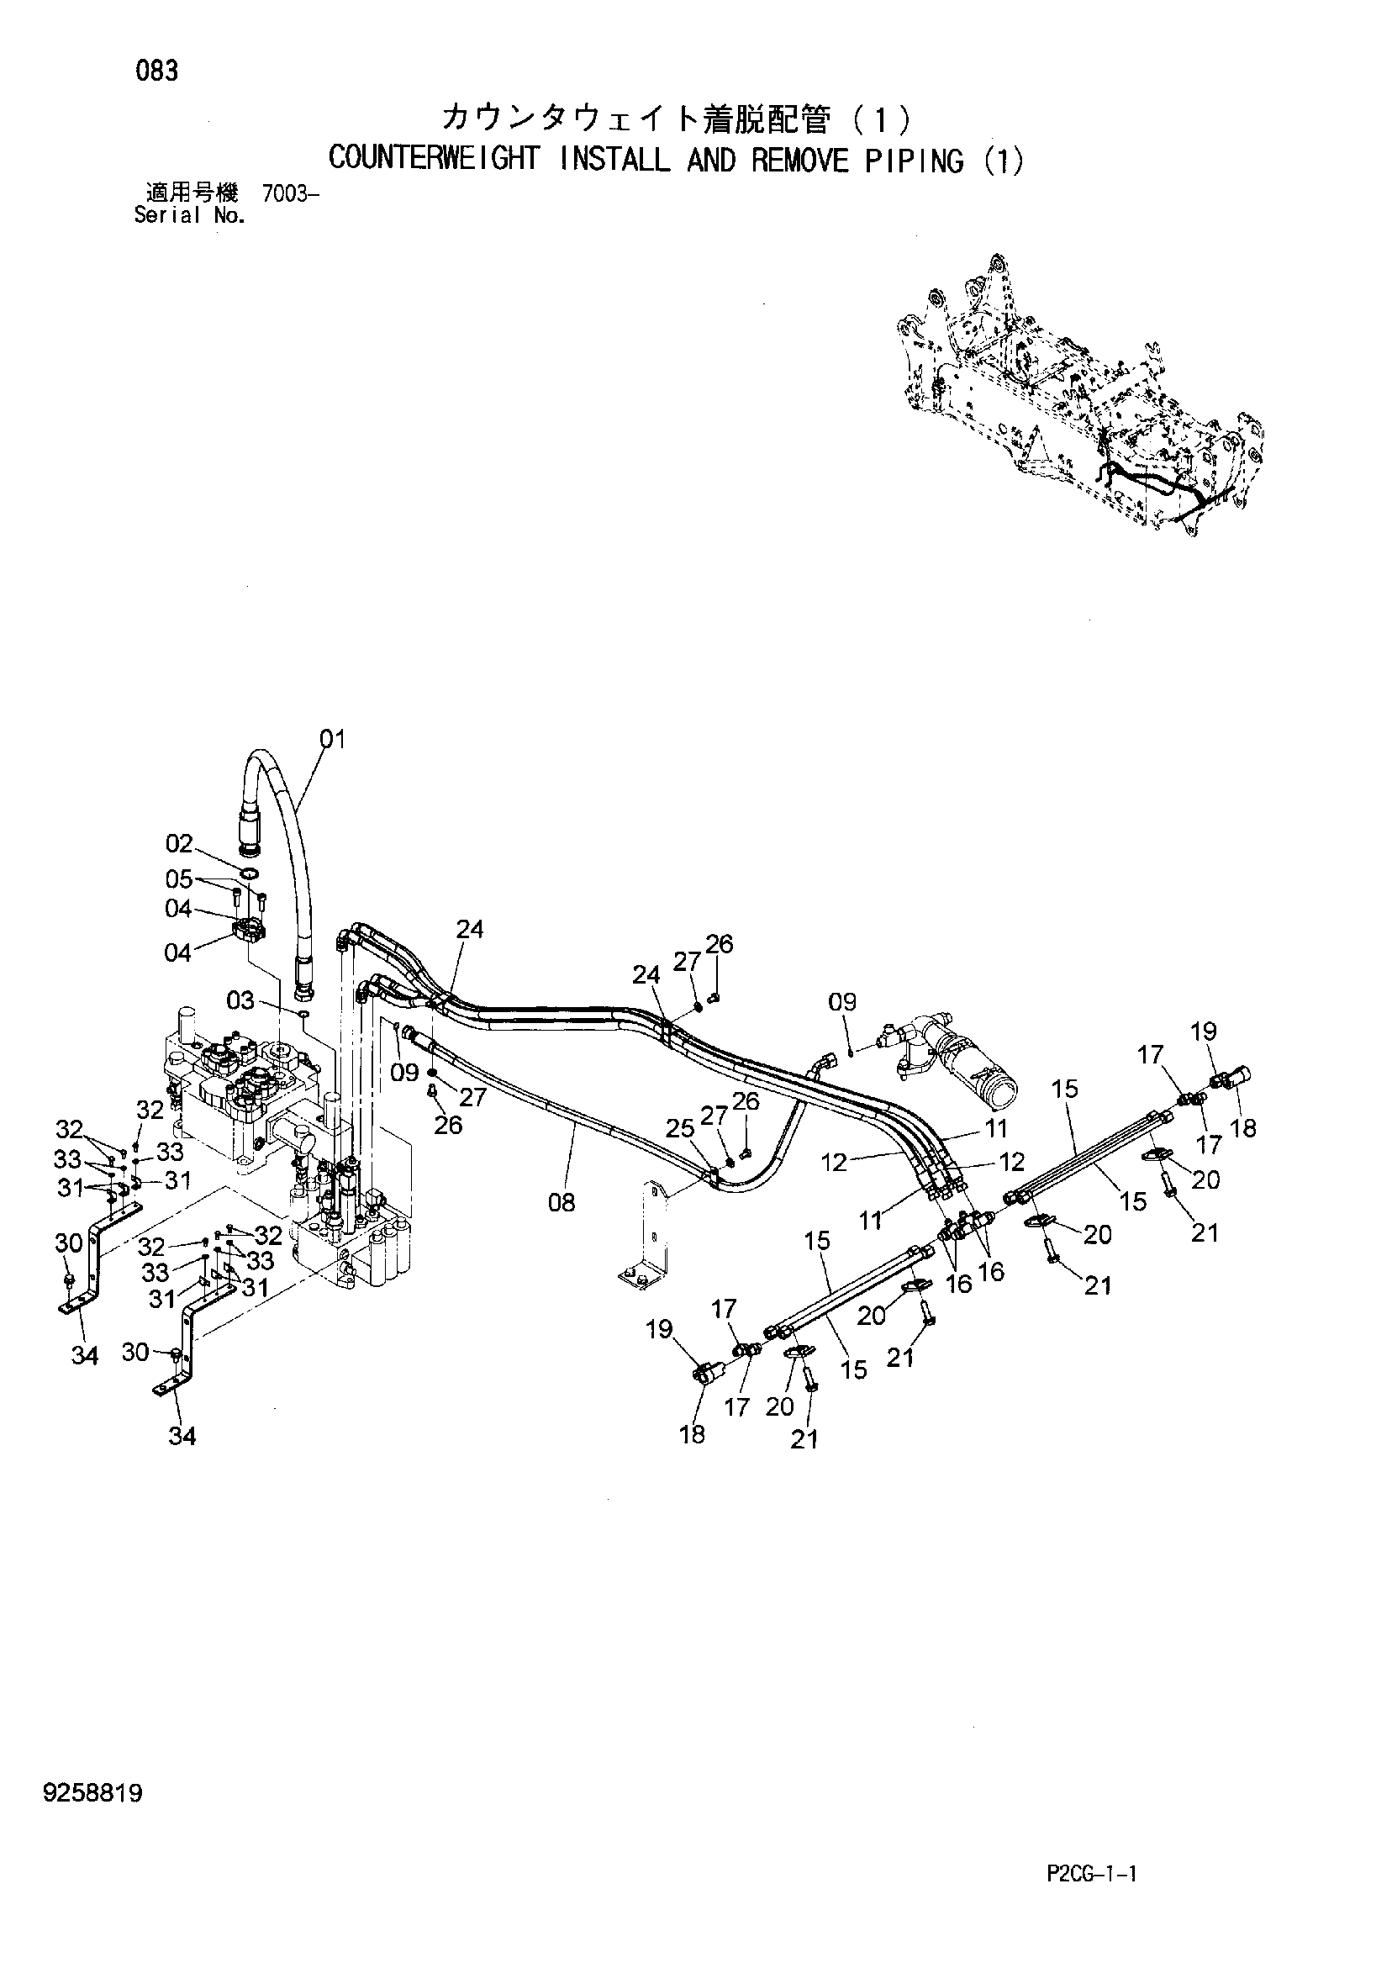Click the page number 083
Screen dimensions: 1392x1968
point(157,71)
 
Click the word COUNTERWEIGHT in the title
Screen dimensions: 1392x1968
point(435,161)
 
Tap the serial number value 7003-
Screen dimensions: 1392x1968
point(292,194)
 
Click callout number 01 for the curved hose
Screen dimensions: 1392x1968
point(333,739)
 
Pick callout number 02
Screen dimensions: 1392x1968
point(179,844)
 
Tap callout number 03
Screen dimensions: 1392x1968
point(241,1000)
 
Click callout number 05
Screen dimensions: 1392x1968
point(179,879)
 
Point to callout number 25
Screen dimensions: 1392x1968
point(680,1128)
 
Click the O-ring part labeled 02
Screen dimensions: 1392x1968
point(250,874)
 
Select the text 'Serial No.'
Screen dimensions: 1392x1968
point(190,215)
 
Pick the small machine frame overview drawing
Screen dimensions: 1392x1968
point(1082,396)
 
